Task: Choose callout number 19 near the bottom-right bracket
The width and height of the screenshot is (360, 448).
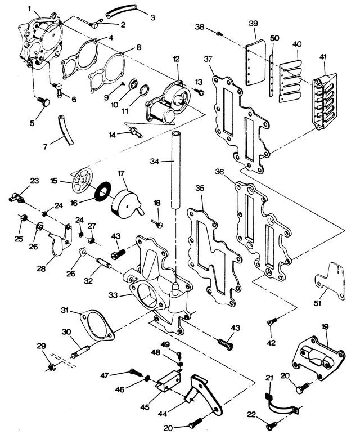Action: coord(325,327)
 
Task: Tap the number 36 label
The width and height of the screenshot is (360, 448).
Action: coord(220,171)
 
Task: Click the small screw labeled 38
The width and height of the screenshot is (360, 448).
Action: coord(220,34)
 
